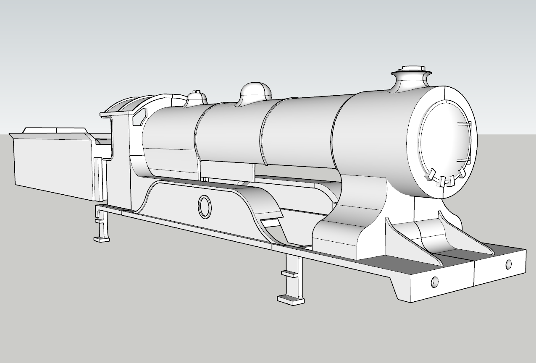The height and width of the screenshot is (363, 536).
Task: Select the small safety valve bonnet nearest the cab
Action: click(x=195, y=98)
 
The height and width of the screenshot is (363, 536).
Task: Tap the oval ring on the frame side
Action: click(x=205, y=207)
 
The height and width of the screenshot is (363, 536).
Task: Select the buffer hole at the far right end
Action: click(x=509, y=264)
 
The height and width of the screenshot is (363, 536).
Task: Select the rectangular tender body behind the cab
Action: click(x=53, y=164)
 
